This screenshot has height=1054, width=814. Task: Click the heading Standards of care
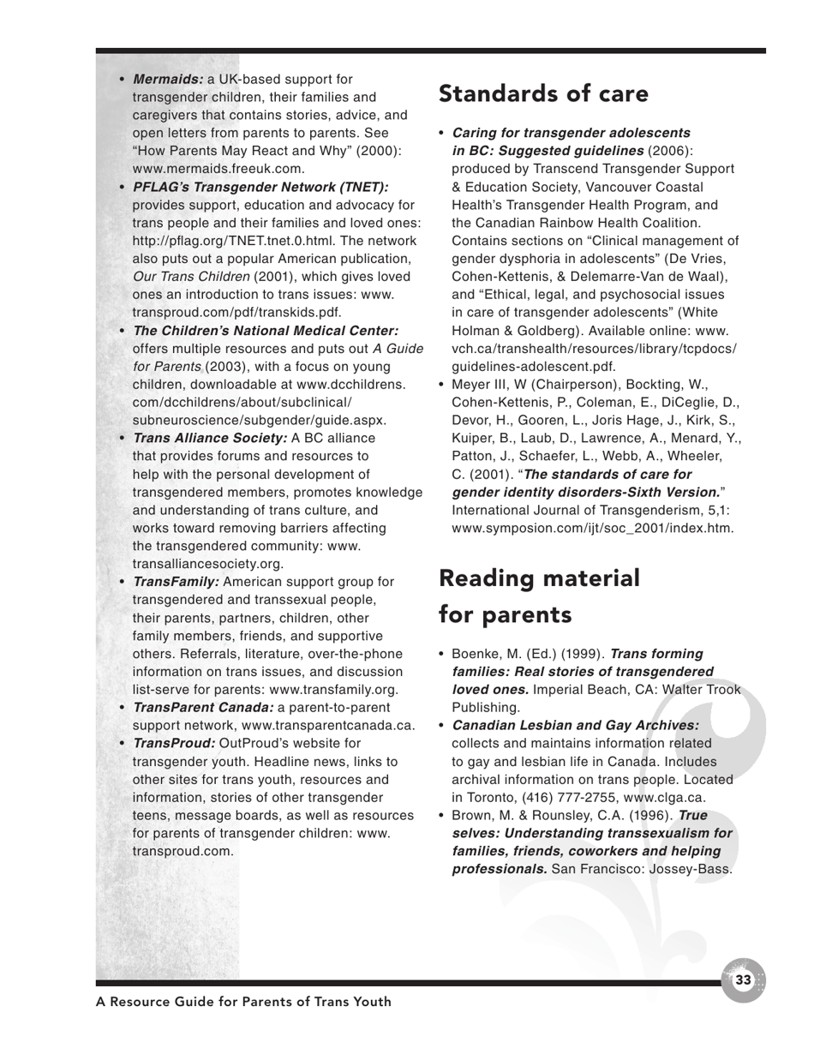point(543,93)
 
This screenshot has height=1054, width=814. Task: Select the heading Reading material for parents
point(539,596)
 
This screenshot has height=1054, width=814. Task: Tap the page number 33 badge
point(743,979)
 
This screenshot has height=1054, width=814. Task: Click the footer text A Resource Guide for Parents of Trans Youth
point(243,1001)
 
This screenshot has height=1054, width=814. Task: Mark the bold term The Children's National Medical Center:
point(265,330)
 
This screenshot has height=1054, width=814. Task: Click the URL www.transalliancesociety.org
point(207,564)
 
